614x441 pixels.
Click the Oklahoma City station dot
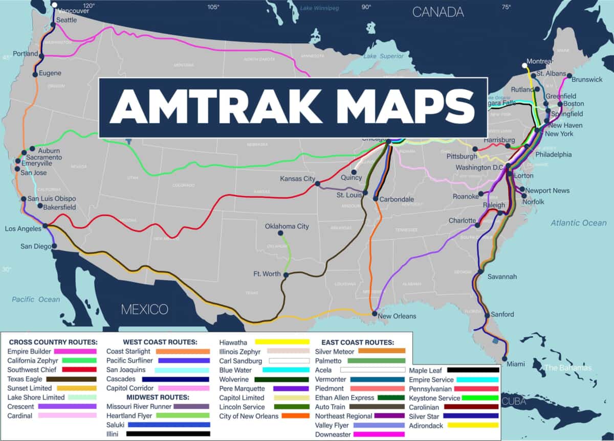tap(280, 233)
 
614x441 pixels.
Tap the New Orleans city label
tap(397, 316)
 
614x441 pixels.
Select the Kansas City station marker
tap(317, 183)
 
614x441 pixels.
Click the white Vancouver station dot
tap(54, 5)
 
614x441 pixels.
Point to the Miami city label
tap(516, 364)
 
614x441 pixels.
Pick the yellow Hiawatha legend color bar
tap(282, 342)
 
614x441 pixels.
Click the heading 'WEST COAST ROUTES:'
tap(160, 342)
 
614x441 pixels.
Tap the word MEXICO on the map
tap(144, 309)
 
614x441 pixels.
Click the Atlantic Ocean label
tap(578, 223)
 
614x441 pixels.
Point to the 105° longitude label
tap(213, 7)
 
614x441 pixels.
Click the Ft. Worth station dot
tap(286, 275)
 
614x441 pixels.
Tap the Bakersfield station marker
tap(40, 206)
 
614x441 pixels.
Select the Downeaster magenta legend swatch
tap(379, 434)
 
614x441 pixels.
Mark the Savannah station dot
tap(480, 272)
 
